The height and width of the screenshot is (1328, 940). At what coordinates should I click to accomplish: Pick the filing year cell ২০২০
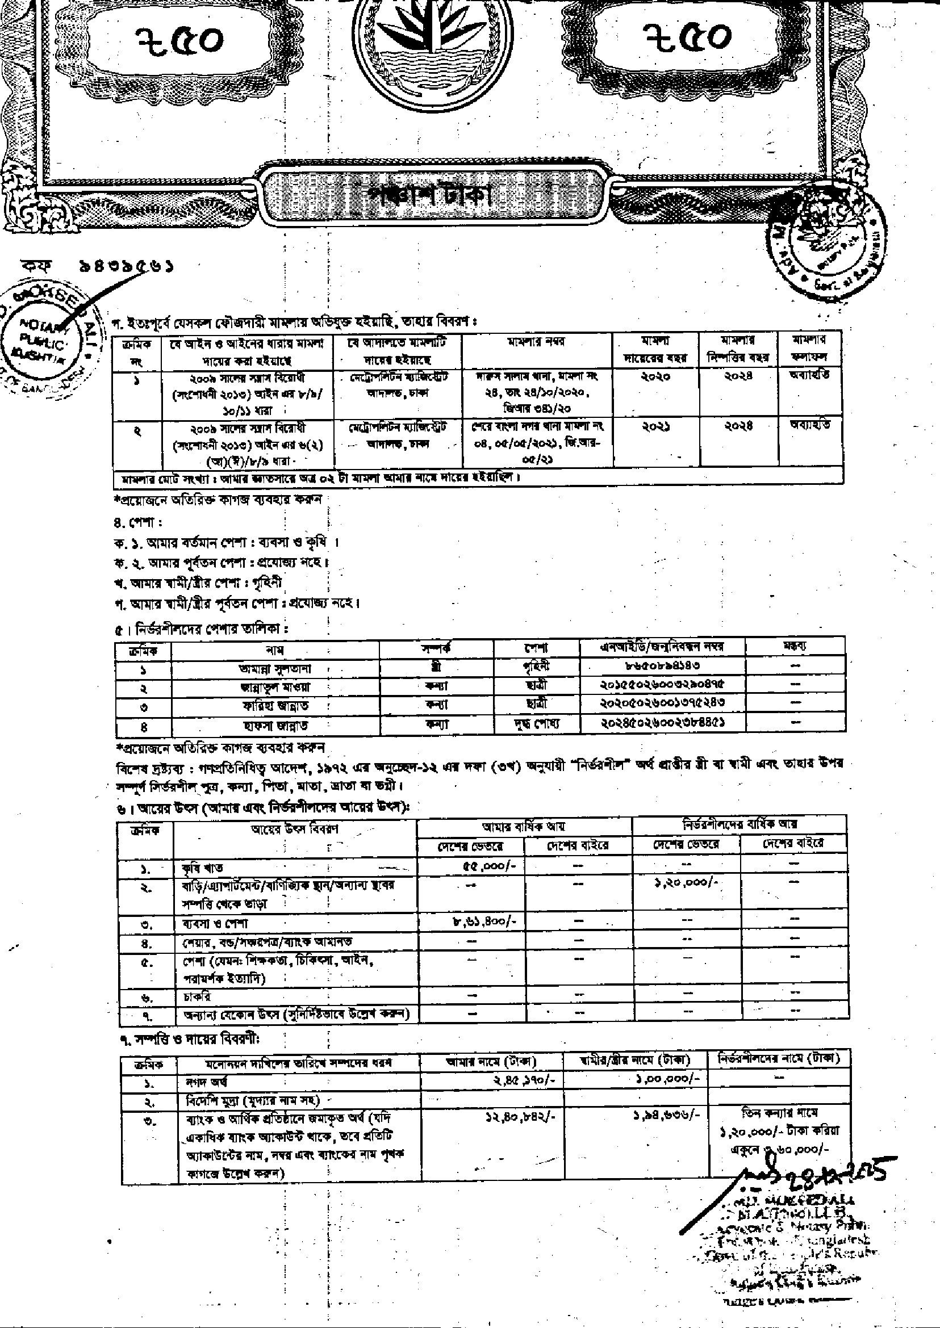tap(656, 376)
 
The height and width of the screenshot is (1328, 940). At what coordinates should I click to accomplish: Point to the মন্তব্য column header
tap(795, 646)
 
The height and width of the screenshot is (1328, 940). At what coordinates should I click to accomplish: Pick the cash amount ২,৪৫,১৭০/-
tap(525, 1080)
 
